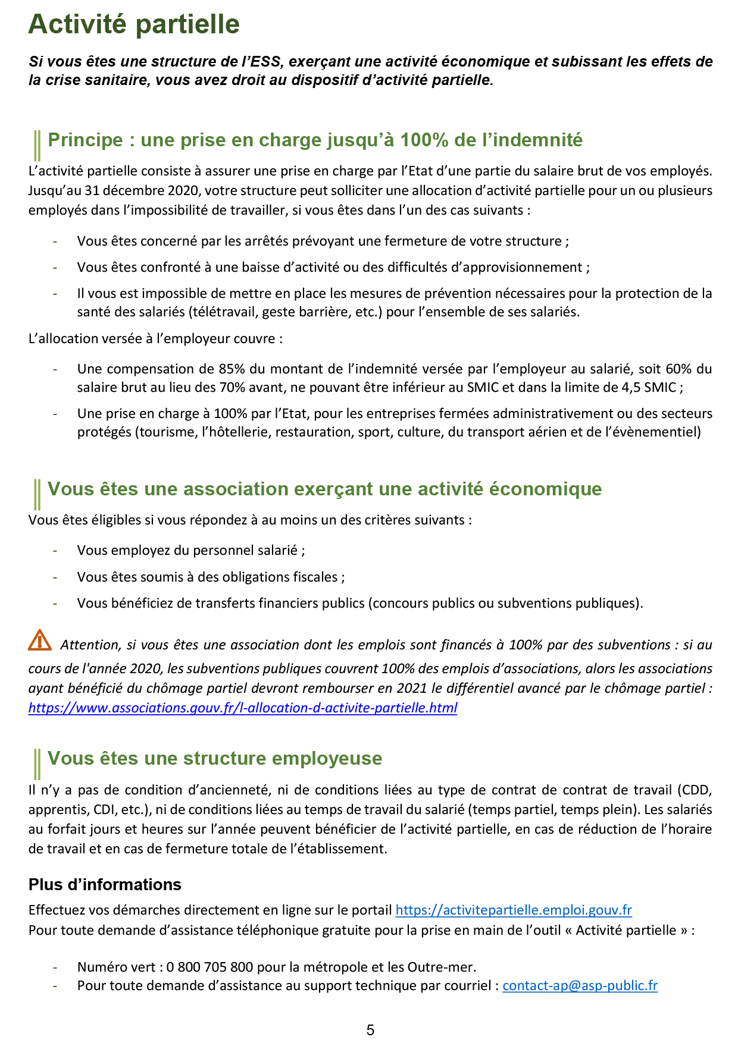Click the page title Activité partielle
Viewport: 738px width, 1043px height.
(x=134, y=25)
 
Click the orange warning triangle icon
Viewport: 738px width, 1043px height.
(x=40, y=640)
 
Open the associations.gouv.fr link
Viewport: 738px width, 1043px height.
(x=242, y=708)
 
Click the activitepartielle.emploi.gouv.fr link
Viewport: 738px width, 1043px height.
(x=513, y=910)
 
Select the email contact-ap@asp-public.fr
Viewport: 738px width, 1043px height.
(x=580, y=985)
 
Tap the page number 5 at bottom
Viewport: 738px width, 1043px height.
(x=370, y=1030)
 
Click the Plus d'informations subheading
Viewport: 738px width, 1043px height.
(x=105, y=885)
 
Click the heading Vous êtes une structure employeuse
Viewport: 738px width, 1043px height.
(x=215, y=759)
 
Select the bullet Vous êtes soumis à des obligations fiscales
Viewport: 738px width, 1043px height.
(x=211, y=577)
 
